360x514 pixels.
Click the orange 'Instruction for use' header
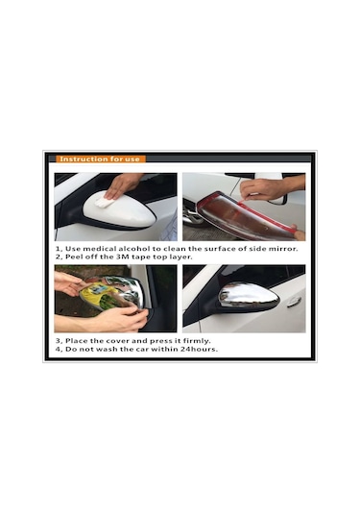point(100,159)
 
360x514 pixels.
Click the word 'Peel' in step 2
point(74,257)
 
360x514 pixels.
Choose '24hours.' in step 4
point(199,349)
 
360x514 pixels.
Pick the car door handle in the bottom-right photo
point(294,303)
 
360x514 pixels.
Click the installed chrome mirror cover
point(248,296)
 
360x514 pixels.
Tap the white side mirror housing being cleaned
point(120,211)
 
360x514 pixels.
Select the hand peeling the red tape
point(272,188)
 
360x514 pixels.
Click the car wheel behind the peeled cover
point(192,213)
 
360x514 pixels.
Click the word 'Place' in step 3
point(77,341)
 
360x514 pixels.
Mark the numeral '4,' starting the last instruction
point(59,350)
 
